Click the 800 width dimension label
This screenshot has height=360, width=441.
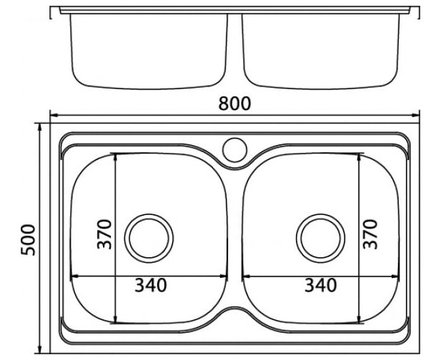234,104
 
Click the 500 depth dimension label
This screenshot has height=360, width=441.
28,240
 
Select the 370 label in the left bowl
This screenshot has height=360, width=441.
104,234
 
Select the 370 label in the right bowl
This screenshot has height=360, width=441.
370,234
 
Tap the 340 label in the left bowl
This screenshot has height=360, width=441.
151,285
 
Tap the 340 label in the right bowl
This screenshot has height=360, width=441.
321,285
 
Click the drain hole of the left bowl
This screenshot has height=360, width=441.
149,239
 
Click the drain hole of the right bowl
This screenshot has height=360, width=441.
320,239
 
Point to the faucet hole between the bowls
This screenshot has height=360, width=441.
235,150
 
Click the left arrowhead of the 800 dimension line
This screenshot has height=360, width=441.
54,115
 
